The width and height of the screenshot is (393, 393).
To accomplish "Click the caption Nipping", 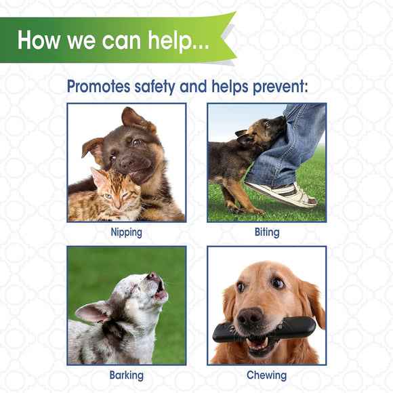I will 127,232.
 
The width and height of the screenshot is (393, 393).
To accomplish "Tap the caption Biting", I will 266,232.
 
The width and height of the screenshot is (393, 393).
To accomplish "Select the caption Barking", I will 127,375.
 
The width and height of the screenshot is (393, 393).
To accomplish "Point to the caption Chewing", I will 266,375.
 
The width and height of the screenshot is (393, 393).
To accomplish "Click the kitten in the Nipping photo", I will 108,196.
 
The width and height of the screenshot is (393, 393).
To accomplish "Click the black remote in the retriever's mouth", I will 264,330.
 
